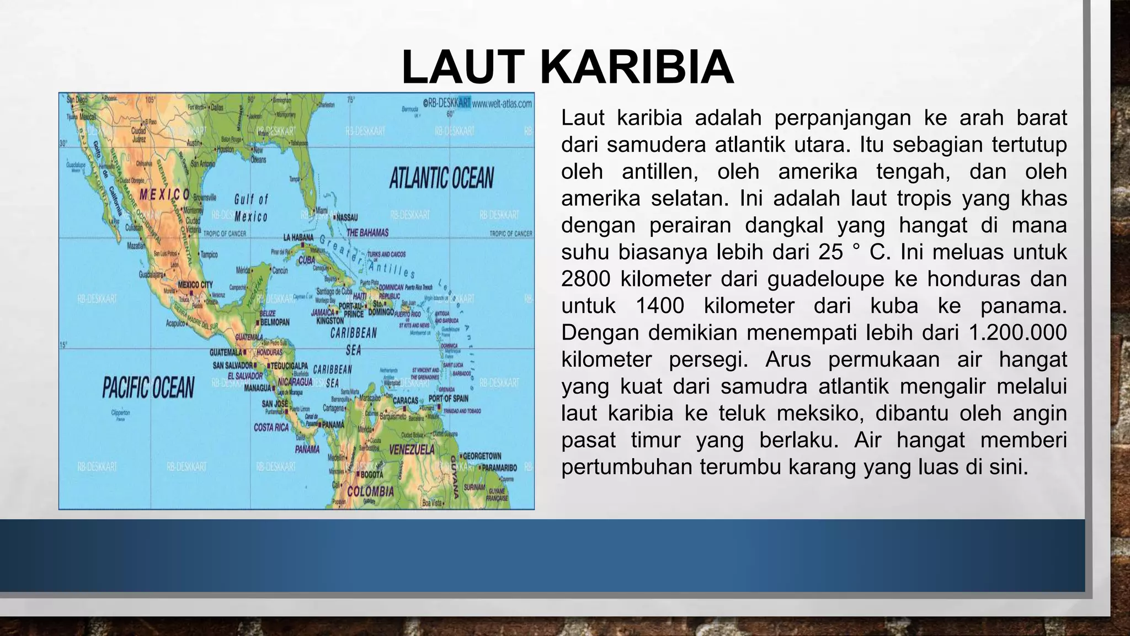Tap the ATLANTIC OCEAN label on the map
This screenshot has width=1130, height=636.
pyautogui.click(x=441, y=178)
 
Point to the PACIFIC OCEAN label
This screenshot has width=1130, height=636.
pyautogui.click(x=148, y=387)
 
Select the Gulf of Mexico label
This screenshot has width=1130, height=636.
pyautogui.click(x=251, y=208)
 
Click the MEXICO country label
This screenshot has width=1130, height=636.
pyautogui.click(x=164, y=194)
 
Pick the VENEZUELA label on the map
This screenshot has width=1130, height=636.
pyautogui.click(x=412, y=450)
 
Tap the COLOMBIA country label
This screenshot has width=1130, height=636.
pyautogui.click(x=370, y=491)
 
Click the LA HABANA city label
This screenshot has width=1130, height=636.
pyautogui.click(x=299, y=237)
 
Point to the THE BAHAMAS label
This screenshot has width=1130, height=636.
pyautogui.click(x=367, y=232)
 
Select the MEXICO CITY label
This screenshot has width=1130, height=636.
pyautogui.click(x=195, y=285)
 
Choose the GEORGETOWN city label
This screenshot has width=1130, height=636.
pyautogui.click(x=482, y=455)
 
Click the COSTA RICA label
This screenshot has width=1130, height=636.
pyautogui.click(x=271, y=427)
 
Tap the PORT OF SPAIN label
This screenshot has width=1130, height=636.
pyautogui.click(x=448, y=399)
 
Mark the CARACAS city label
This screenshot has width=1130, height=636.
pyautogui.click(x=406, y=400)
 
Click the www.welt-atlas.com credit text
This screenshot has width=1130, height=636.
pyautogui.click(x=502, y=103)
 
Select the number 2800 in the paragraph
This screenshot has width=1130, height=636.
pyautogui.click(x=585, y=279)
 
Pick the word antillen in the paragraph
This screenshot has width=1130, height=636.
pyautogui.click(x=660, y=172)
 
